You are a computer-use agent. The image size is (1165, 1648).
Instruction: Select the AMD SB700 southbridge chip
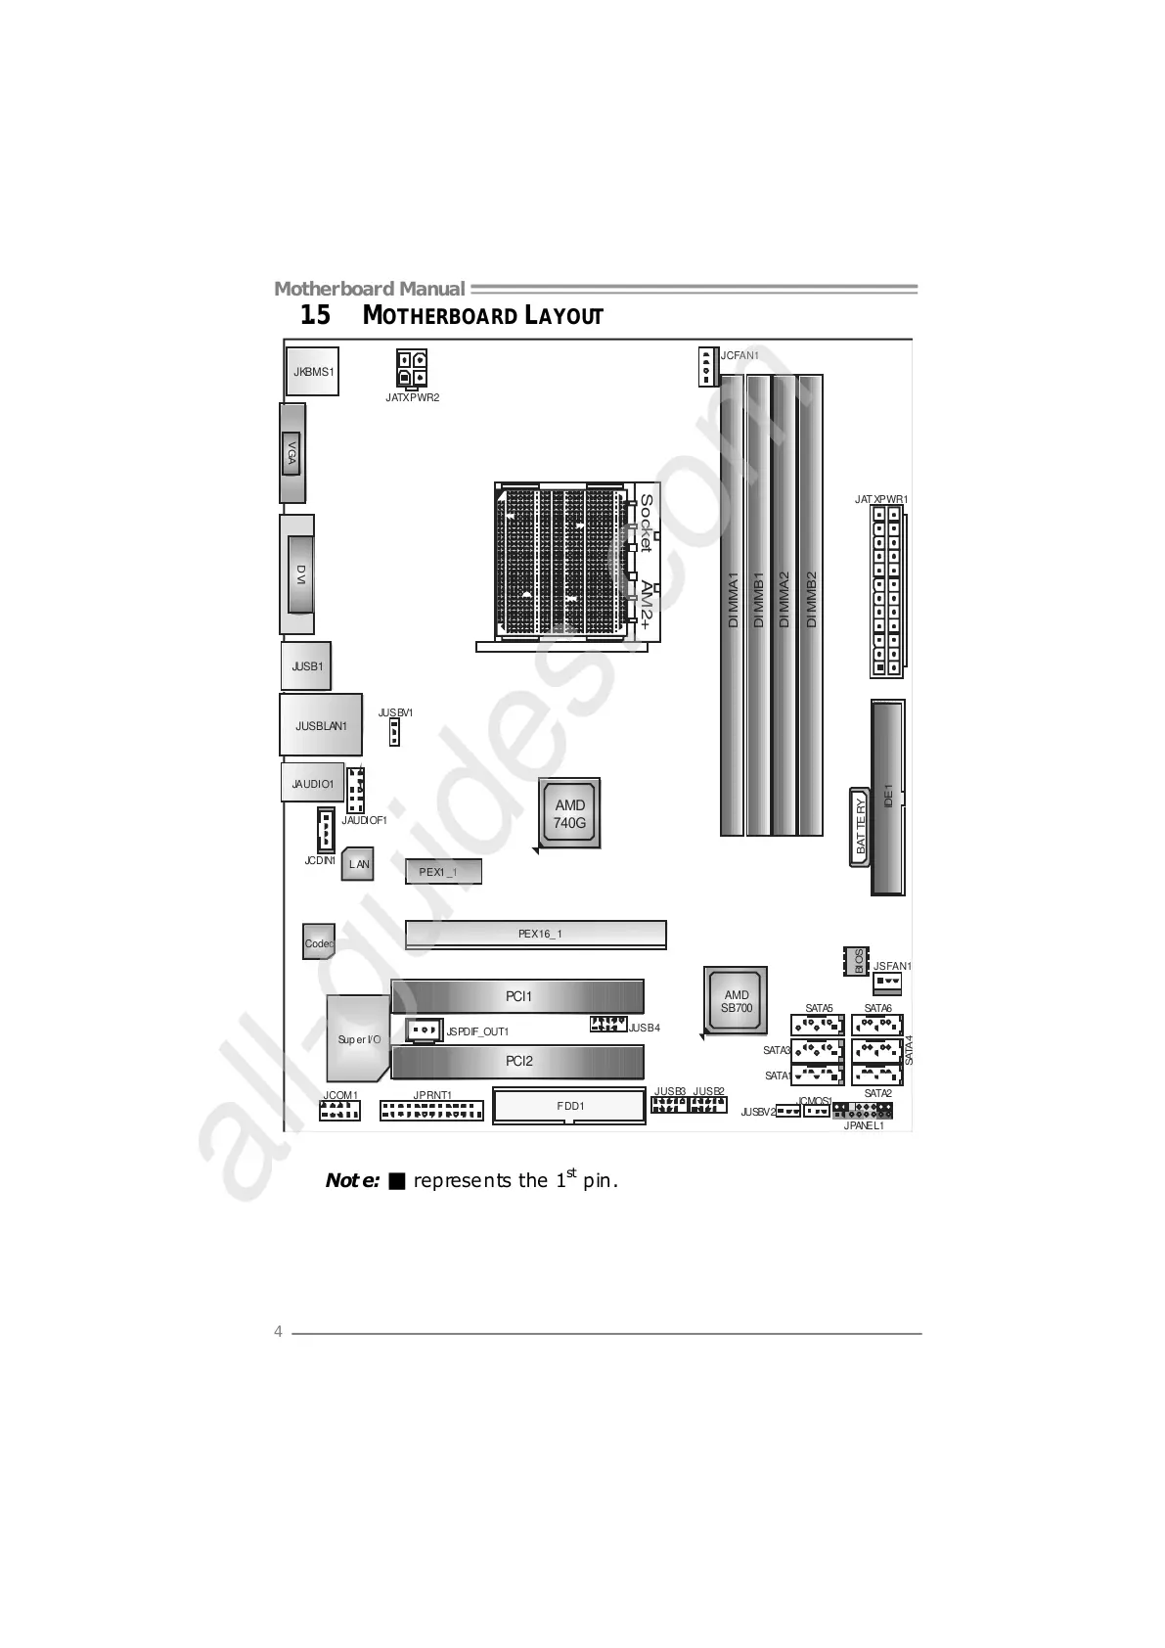coord(736,1001)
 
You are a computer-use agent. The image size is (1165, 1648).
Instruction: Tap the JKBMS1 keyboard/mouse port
coord(313,371)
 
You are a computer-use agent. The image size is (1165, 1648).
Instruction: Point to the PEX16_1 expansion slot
coord(536,934)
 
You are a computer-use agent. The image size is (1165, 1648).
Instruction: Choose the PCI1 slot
coord(517,996)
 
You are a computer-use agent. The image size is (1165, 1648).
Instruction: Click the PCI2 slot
coord(517,1061)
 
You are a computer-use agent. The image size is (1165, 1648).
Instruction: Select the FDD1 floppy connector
coord(569,1106)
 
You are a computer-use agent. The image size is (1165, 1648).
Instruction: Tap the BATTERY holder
coord(860,827)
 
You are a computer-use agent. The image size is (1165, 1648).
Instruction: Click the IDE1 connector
coord(888,797)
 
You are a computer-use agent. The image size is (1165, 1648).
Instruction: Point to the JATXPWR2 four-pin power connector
coord(411,368)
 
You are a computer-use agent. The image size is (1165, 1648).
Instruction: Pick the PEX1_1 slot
coord(443,871)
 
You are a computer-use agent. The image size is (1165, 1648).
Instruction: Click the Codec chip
coord(319,942)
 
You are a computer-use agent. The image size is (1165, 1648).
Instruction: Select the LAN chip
coord(358,864)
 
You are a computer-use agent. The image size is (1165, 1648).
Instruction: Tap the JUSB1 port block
coord(306,666)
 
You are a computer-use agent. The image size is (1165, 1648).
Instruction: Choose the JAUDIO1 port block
coord(313,783)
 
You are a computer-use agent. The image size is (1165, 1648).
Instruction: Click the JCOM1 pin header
coord(339,1111)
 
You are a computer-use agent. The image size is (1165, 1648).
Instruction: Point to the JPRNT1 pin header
coord(431,1111)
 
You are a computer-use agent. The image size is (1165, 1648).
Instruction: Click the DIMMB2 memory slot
coord(810,605)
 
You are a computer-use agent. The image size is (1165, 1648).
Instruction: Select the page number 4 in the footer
coord(278,1332)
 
